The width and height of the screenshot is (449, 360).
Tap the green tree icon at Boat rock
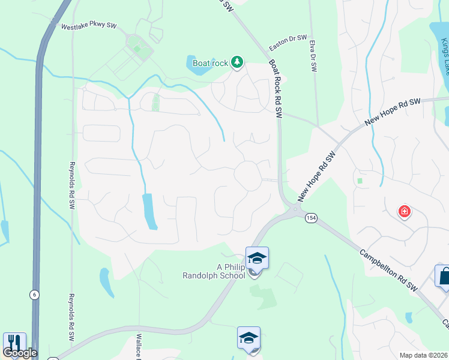point(237,61)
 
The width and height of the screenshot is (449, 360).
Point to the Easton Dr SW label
point(288,43)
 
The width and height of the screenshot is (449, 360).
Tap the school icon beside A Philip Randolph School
point(257,259)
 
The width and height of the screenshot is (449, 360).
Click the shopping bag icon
point(444,277)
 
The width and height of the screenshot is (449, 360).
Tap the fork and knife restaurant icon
point(14,343)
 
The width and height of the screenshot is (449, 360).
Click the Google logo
point(20,353)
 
